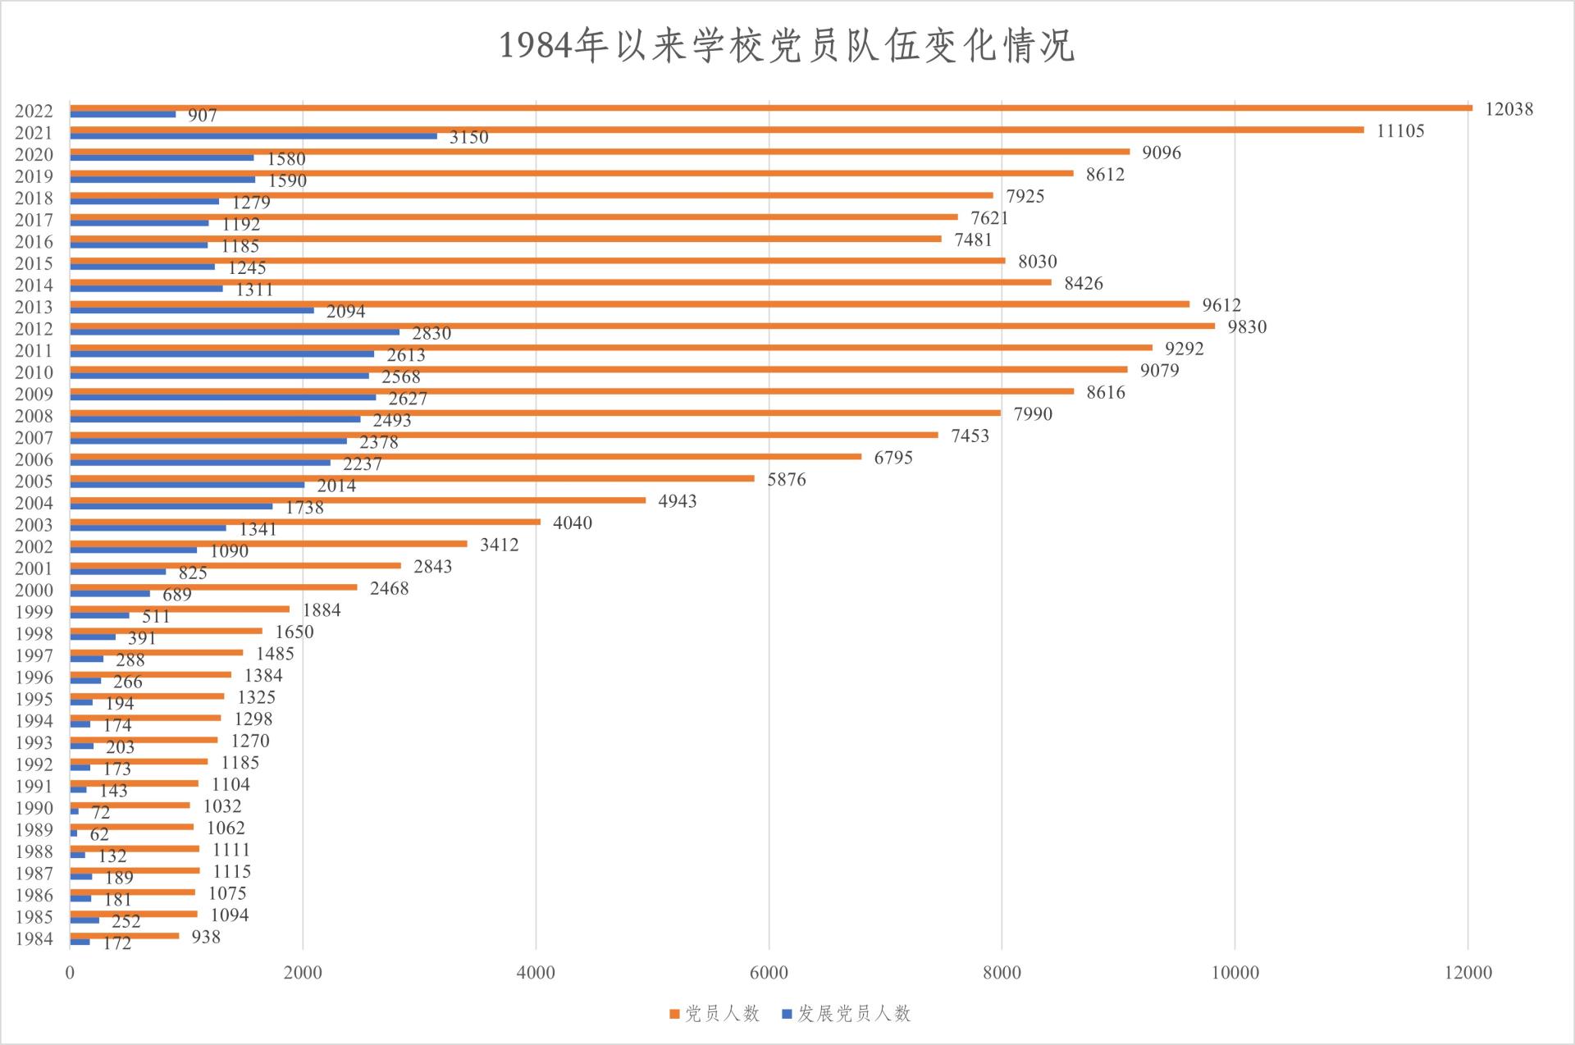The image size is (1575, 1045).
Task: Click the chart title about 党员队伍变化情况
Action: (787, 45)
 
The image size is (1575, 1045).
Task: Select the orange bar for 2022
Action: (771, 107)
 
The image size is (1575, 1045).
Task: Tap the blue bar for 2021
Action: (253, 136)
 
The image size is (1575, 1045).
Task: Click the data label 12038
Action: (1509, 109)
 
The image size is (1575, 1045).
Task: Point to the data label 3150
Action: (468, 138)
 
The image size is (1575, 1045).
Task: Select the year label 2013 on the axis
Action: (34, 308)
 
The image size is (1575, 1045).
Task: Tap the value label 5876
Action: (786, 480)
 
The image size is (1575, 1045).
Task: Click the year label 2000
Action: (34, 591)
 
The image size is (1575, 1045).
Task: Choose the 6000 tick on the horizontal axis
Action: (769, 974)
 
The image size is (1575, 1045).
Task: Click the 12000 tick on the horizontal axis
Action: (1468, 974)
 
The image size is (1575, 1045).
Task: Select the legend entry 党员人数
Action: (714, 1015)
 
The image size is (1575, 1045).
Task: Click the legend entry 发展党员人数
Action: (847, 1015)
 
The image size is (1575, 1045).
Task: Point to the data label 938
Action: (206, 937)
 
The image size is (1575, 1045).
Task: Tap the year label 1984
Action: (34, 939)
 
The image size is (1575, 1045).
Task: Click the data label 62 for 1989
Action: (99, 835)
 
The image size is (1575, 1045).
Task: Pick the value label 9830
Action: (1247, 327)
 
